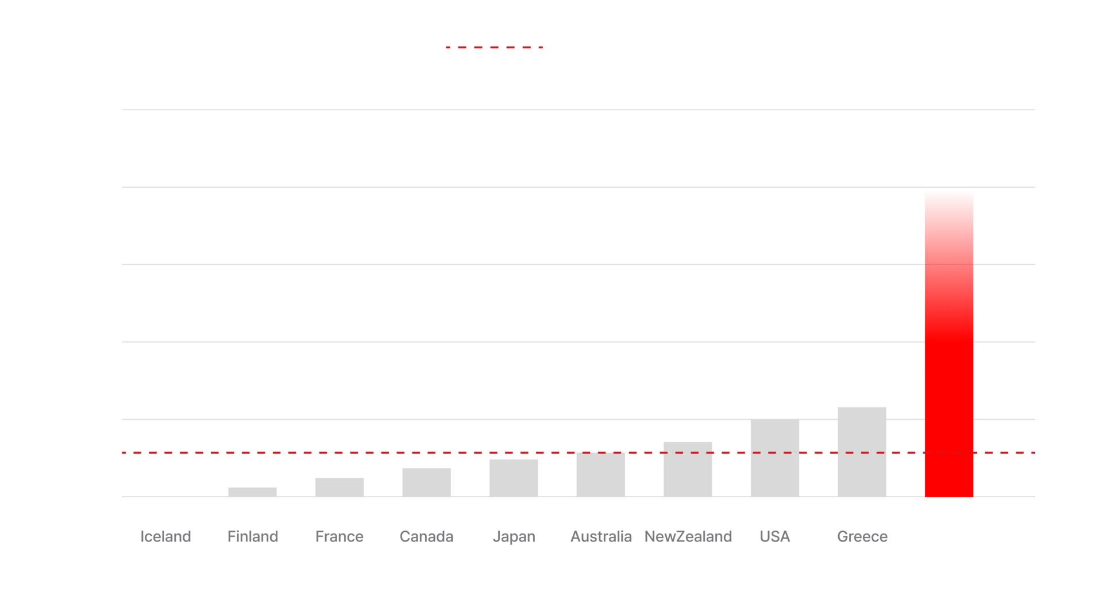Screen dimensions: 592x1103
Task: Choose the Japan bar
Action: coord(514,477)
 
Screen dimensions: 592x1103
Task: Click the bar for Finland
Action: coord(252,492)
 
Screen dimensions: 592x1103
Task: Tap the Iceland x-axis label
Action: coord(165,536)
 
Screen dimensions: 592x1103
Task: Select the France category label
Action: coord(340,536)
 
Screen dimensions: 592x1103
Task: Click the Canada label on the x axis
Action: coord(426,536)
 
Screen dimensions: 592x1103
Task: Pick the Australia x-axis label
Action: coord(601,536)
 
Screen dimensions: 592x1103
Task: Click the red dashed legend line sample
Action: coord(495,48)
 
